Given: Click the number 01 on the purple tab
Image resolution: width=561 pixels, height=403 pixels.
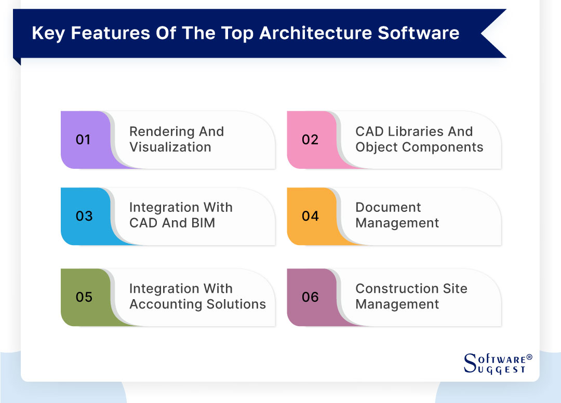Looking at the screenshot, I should [83, 140].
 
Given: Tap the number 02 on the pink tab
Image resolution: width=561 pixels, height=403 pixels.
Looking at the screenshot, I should [310, 140].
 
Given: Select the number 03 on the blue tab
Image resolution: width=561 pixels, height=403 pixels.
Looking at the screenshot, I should [84, 216].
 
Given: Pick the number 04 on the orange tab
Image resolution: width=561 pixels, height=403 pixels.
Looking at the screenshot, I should [310, 216].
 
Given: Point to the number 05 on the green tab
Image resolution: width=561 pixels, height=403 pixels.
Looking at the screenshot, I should [84, 297].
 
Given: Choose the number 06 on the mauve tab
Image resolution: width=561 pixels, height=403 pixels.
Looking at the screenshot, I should [310, 297].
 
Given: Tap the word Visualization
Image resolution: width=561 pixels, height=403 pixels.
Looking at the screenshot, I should [170, 147].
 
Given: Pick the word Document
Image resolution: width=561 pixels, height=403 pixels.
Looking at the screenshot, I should [388, 208].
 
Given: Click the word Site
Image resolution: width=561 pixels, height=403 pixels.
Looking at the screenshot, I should [455, 289].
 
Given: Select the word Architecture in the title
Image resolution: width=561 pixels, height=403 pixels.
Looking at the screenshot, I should [316, 33].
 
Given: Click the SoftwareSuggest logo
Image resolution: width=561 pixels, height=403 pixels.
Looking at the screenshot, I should [495, 363].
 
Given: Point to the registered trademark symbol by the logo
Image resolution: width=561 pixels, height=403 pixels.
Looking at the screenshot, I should [529, 357].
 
